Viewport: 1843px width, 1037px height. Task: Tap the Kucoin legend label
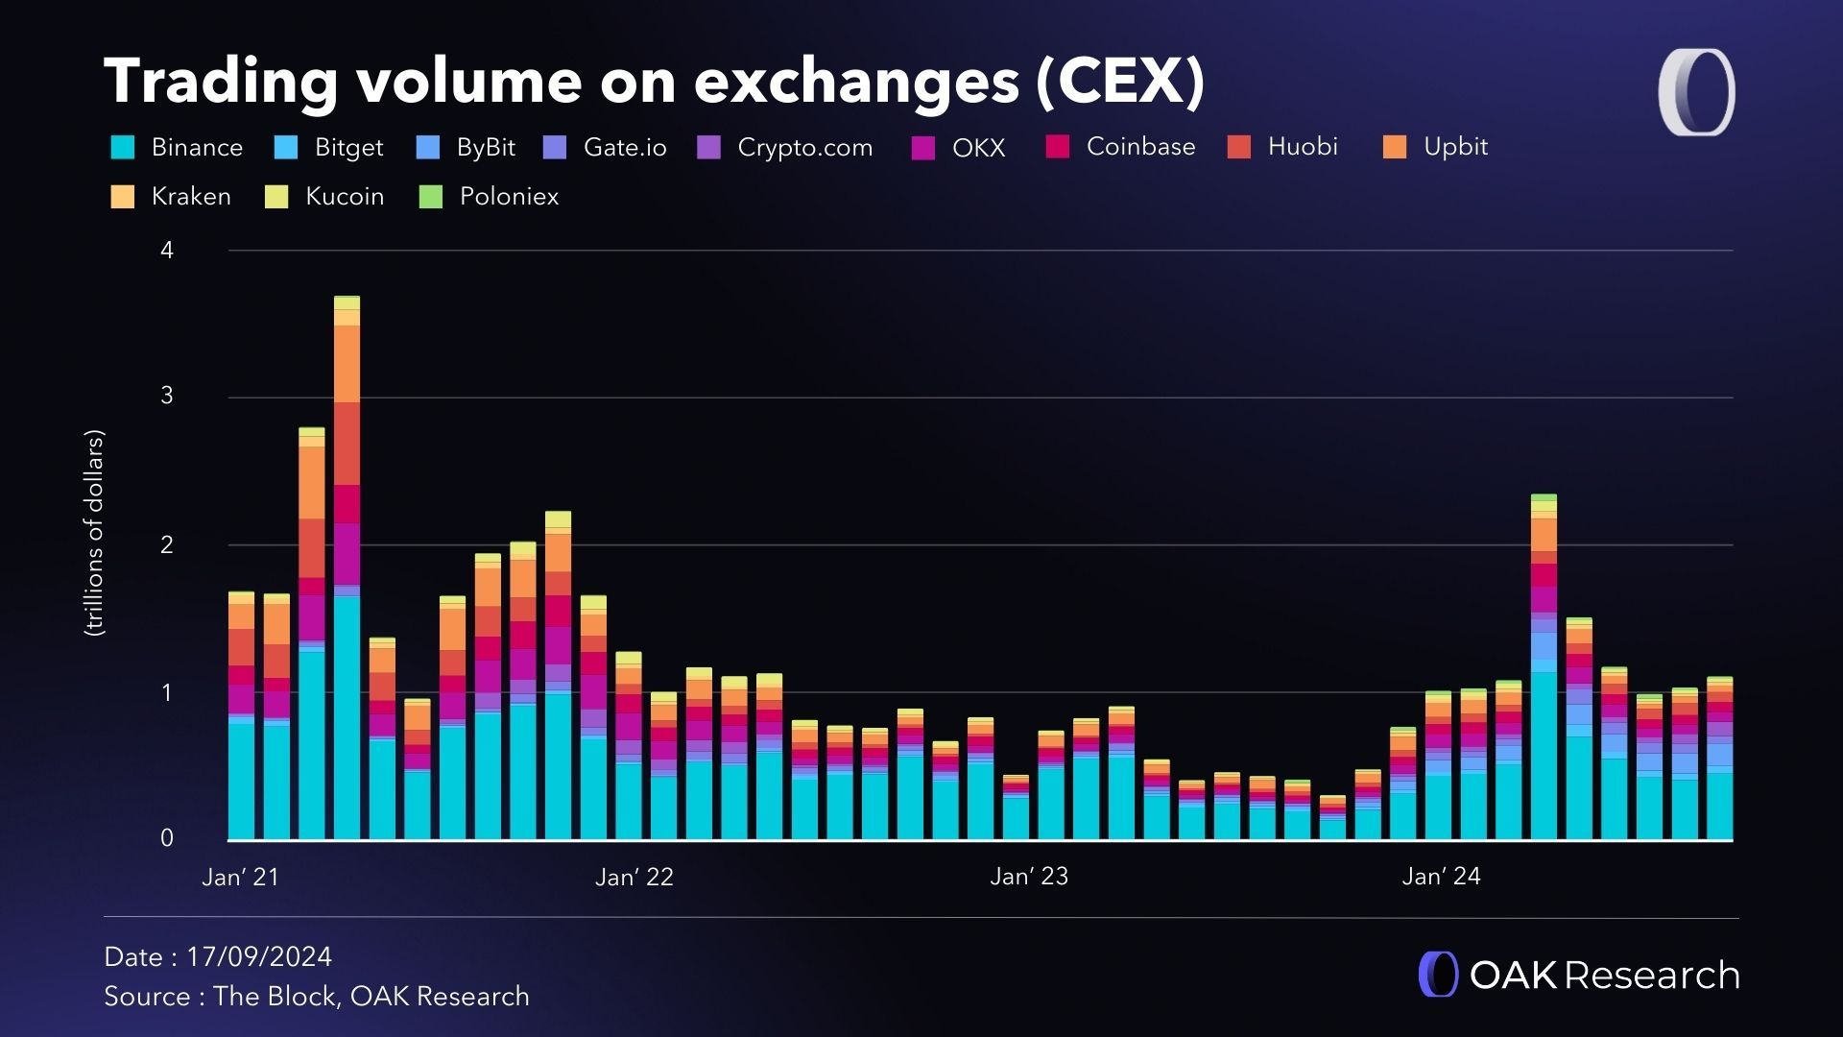tap(345, 197)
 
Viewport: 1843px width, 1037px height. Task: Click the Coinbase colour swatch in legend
tap(1057, 147)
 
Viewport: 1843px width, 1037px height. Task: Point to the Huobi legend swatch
tap(1239, 147)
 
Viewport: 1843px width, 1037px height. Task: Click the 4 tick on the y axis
tap(167, 251)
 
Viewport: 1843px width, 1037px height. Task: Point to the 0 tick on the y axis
tap(167, 838)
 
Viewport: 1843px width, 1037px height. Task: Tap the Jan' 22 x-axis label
tap(634, 877)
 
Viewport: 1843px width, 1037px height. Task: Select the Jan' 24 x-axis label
tap(1441, 877)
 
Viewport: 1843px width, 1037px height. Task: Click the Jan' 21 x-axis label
tap(240, 877)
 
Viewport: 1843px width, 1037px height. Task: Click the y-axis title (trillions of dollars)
tap(94, 533)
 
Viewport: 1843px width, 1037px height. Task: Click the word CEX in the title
tap(1120, 81)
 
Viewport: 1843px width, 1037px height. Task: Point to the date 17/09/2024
tap(259, 957)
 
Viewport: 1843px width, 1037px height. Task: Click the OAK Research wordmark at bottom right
tap(1603, 976)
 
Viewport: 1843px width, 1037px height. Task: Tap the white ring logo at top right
tap(1696, 92)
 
